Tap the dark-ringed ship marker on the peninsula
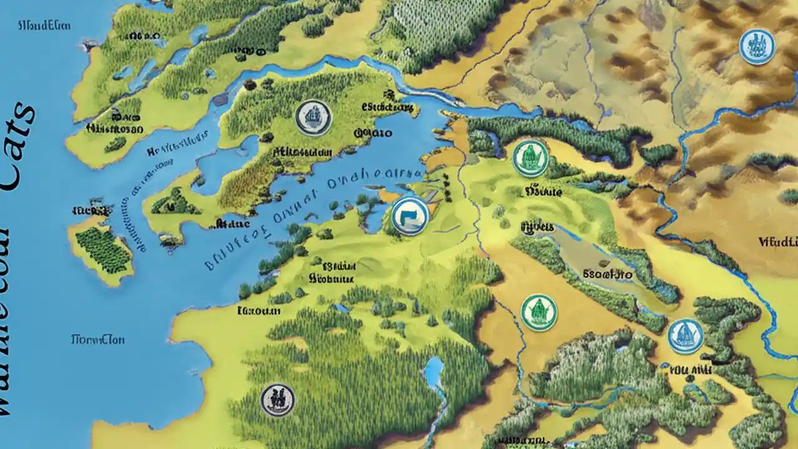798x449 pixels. click(312, 118)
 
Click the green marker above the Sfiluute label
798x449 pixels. click(531, 158)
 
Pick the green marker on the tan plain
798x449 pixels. click(539, 312)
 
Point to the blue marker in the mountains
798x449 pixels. click(757, 47)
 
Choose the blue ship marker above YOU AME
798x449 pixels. click(685, 336)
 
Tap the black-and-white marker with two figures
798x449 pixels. click(277, 400)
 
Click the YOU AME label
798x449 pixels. click(690, 370)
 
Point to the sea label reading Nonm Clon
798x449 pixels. click(98, 340)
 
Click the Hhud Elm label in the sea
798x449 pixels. click(44, 26)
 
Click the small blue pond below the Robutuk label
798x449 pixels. click(342, 308)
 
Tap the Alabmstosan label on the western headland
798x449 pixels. click(115, 128)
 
